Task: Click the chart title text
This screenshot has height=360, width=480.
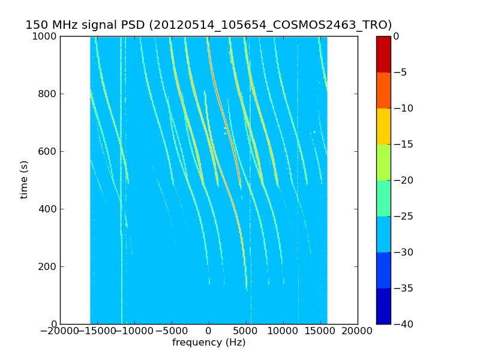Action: click(x=208, y=25)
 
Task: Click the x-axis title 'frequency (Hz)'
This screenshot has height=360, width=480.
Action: click(x=209, y=343)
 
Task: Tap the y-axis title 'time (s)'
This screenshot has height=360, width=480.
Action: click(x=25, y=179)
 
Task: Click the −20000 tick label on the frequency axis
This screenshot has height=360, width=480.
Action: click(x=60, y=331)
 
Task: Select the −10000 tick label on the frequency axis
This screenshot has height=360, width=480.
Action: click(x=134, y=331)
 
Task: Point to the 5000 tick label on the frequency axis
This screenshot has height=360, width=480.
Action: click(x=246, y=331)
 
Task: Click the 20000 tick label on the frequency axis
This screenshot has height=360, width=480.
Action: click(x=358, y=331)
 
